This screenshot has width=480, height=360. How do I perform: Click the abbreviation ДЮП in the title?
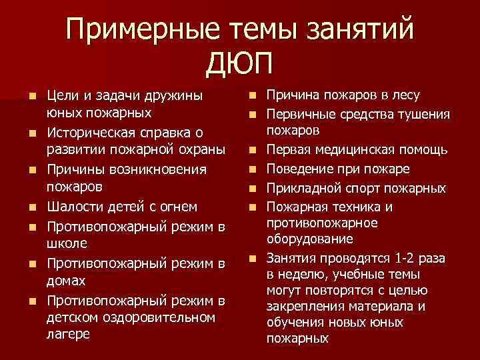240,65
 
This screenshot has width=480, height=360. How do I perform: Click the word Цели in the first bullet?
65,97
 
